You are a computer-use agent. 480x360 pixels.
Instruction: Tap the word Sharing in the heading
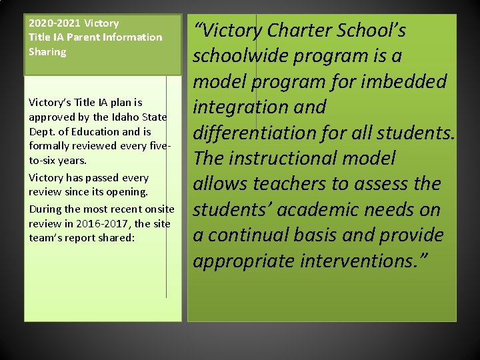coord(47,52)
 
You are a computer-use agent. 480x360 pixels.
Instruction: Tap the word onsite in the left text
coord(158,209)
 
